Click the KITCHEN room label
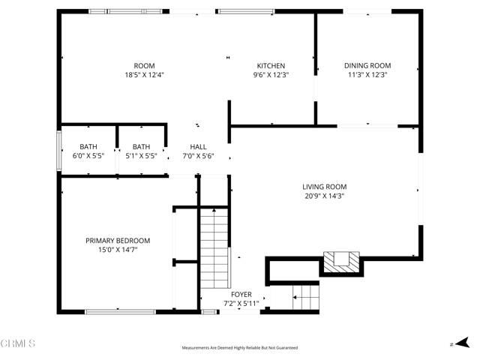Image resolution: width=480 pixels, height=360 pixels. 271,66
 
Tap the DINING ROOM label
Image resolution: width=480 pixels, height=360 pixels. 367,66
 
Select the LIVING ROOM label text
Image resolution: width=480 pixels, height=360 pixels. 324,187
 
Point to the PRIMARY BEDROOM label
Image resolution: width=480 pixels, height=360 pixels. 118,241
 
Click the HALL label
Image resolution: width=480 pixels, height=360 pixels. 199,147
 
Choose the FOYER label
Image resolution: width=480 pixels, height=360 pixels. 241,295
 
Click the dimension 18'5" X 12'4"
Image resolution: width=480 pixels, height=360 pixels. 144,75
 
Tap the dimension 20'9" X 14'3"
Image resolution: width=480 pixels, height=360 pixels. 324,196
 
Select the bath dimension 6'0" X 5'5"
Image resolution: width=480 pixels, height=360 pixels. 88,156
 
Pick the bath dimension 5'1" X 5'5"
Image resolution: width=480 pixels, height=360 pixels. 141,156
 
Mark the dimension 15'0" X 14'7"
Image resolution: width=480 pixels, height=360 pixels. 118,250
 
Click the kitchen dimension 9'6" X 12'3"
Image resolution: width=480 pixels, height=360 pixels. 271,75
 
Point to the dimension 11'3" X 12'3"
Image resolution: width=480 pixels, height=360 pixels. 367,75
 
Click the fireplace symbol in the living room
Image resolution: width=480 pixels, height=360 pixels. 342,262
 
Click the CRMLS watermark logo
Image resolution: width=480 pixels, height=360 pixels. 18,344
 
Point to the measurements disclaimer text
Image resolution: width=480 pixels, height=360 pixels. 240,348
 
